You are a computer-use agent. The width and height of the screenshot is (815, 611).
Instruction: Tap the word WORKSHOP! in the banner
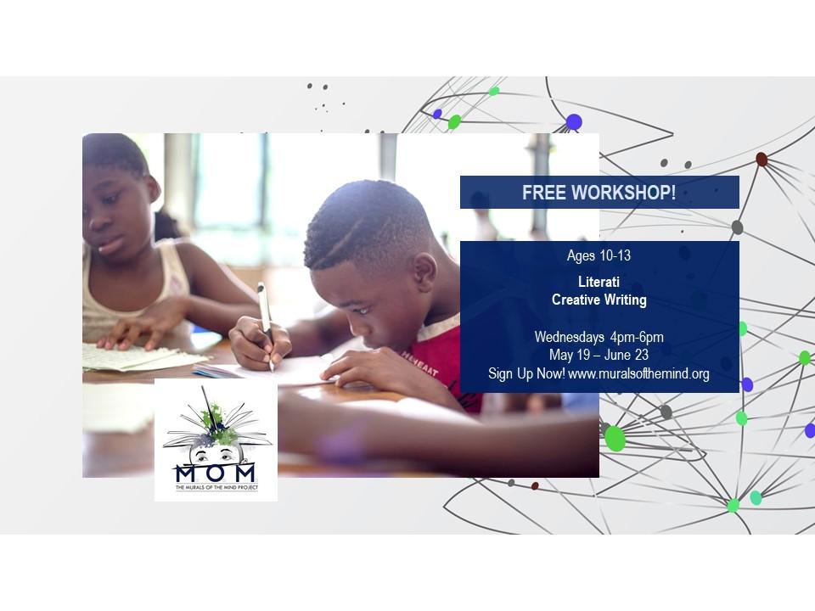[624, 193]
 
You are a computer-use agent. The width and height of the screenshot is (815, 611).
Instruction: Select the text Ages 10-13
[599, 255]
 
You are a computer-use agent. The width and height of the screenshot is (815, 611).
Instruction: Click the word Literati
[599, 282]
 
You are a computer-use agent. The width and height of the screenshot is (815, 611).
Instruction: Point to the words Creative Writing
[599, 300]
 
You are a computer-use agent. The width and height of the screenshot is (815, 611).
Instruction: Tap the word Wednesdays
[569, 337]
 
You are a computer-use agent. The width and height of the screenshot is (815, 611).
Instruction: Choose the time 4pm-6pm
[637, 337]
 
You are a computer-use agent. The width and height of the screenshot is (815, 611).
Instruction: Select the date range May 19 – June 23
[599, 356]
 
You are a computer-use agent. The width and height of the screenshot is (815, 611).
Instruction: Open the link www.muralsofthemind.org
[638, 373]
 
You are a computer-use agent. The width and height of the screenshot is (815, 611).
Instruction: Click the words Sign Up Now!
[526, 373]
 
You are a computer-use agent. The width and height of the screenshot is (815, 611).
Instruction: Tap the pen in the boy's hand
[266, 326]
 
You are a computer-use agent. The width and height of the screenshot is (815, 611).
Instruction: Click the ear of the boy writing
[424, 272]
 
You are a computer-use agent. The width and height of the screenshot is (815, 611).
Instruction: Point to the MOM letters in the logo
[215, 474]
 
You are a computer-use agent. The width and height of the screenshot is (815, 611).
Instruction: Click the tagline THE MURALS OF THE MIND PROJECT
[216, 487]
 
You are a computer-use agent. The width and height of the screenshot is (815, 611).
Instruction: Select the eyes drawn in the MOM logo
[215, 456]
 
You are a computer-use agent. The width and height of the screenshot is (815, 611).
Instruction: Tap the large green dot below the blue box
[615, 438]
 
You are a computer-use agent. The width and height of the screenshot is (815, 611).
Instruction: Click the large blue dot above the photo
[574, 122]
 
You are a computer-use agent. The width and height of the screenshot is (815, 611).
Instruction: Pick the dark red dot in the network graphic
[762, 159]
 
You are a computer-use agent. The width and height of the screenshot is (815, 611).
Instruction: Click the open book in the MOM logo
[216, 431]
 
